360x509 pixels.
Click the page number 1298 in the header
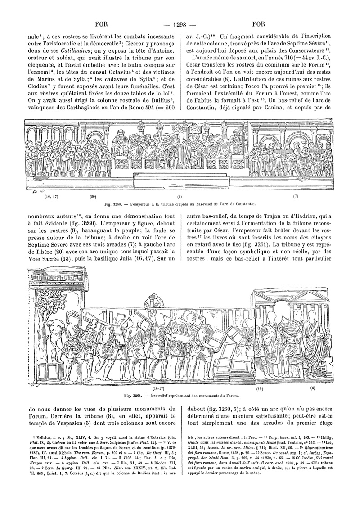pos(180,23)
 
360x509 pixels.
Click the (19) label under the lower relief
pos(260,388)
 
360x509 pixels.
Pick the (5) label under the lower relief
pos(313,387)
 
